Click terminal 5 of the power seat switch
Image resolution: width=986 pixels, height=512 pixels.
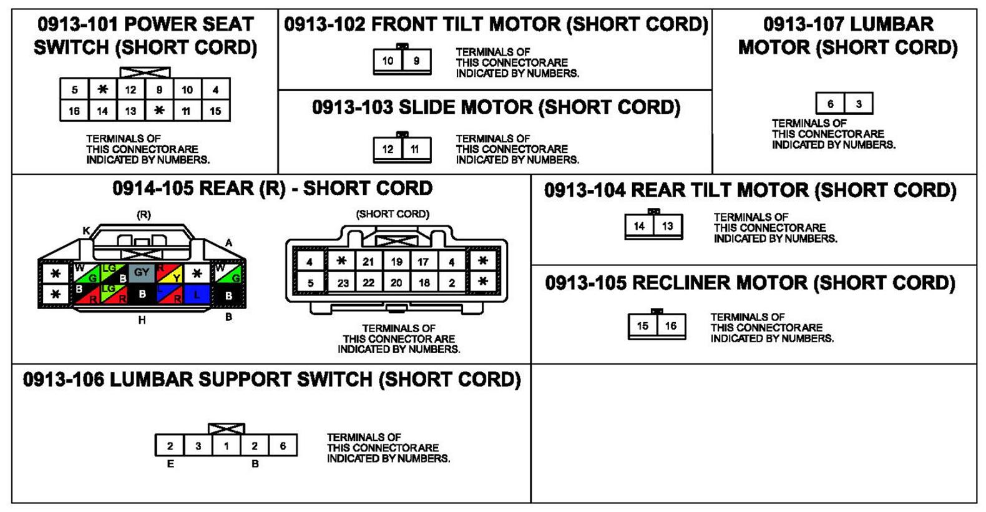click(x=74, y=90)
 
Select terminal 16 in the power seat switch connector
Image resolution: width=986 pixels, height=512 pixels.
click(x=74, y=111)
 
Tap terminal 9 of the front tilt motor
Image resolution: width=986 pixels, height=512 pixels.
click(x=416, y=61)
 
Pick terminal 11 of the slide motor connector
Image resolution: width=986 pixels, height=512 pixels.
click(x=415, y=149)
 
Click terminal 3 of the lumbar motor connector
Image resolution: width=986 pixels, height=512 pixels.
click(x=859, y=104)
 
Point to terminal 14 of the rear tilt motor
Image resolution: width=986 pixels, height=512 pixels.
click(x=639, y=226)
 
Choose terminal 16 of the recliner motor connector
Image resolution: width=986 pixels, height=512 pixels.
click(x=671, y=326)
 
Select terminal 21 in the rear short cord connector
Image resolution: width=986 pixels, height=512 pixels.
click(x=368, y=262)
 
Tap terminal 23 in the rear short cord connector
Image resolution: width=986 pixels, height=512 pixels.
click(x=343, y=283)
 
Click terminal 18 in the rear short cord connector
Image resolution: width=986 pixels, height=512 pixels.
click(x=424, y=283)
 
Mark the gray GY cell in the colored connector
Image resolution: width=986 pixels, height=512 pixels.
click(x=142, y=273)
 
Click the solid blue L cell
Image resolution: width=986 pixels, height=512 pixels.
click(x=197, y=294)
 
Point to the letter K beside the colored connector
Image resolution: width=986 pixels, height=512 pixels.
click(x=86, y=231)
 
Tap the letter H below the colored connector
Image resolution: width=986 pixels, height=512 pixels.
click(x=142, y=320)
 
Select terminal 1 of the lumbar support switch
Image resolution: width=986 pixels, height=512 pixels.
click(x=226, y=446)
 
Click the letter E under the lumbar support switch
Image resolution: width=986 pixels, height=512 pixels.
click(x=170, y=464)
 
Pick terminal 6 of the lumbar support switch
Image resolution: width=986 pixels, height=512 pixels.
click(x=283, y=446)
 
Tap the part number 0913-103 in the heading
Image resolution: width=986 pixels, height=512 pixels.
click(x=352, y=107)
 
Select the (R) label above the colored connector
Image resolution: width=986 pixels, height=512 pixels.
click(x=144, y=214)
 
